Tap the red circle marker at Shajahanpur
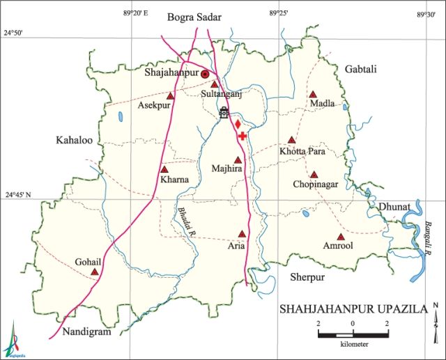point(205,73)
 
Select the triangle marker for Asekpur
point(170,95)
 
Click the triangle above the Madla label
point(313,94)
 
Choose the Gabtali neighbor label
point(360,68)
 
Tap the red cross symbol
point(242,136)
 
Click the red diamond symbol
point(238,125)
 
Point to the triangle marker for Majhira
point(238,159)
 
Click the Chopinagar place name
point(315,185)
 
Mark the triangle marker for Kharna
point(164,169)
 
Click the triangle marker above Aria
point(242,234)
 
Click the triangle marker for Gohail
point(94,272)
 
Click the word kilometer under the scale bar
point(355,345)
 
